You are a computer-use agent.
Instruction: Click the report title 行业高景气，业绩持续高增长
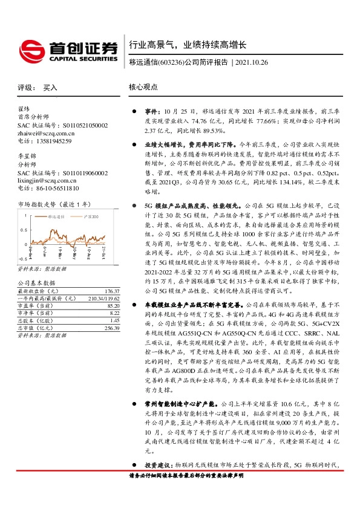(188, 45)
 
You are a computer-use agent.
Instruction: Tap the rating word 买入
(50, 88)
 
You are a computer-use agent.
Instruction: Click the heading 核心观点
(143, 87)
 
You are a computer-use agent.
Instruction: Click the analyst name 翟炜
(24, 109)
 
